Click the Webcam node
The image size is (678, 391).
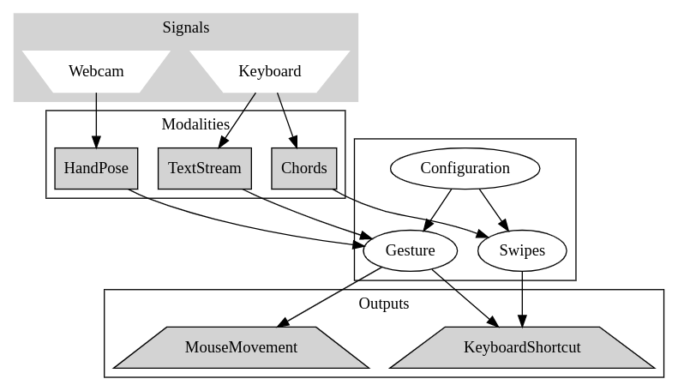tap(96, 71)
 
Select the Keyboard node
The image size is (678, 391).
tap(269, 71)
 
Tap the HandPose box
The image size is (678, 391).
tap(96, 168)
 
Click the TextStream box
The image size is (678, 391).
tap(205, 168)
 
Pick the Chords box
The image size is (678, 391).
tap(303, 168)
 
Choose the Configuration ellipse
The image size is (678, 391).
tap(465, 168)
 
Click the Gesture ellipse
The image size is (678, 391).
tap(410, 251)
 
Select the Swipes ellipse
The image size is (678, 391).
tap(522, 251)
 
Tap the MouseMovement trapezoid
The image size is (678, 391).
tap(241, 347)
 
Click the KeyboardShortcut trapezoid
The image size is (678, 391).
tap(522, 347)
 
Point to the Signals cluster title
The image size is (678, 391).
tap(186, 27)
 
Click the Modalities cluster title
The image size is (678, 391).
tap(195, 124)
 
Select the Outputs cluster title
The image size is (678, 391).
tap(383, 304)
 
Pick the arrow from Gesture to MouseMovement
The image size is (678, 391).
tap(330, 297)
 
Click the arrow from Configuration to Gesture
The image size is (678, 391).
tap(437, 210)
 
